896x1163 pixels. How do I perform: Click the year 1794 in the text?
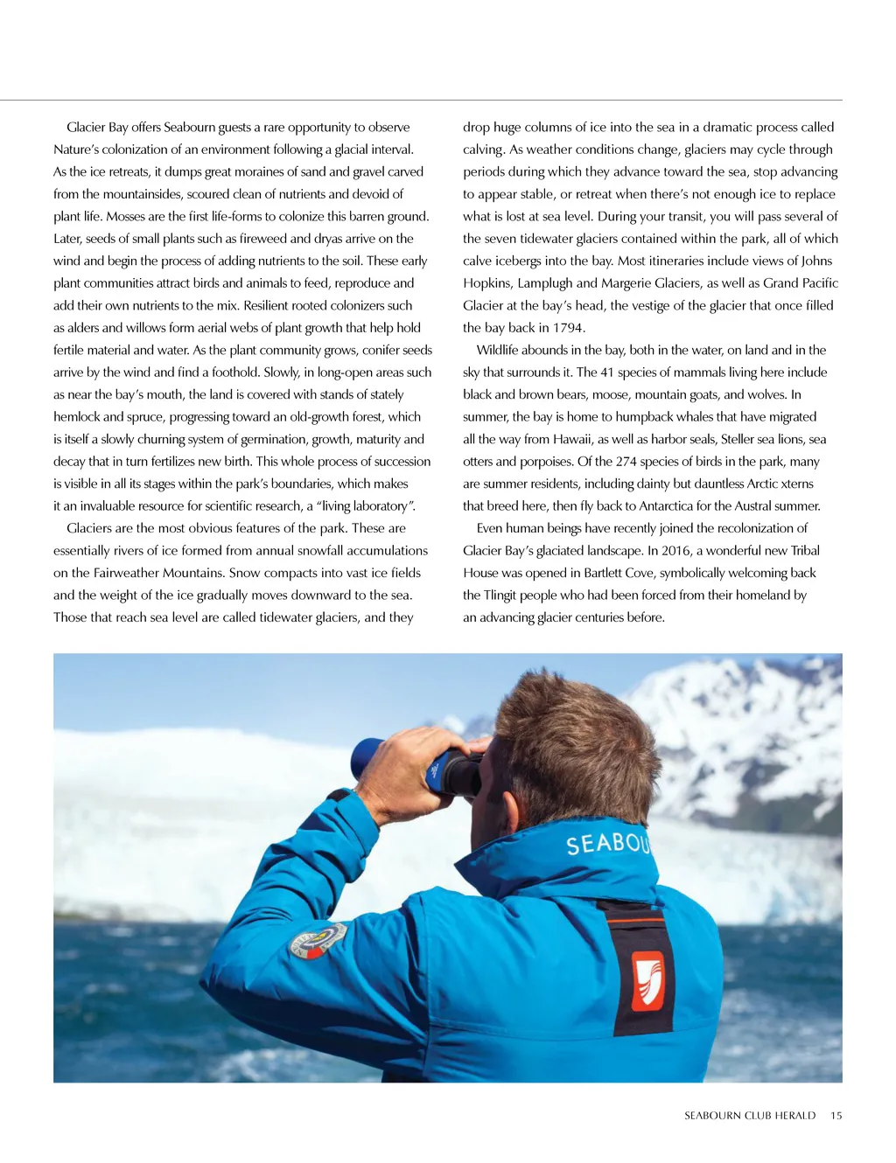[569, 328]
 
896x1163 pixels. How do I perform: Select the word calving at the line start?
[483, 150]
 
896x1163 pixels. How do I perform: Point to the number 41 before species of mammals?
[607, 373]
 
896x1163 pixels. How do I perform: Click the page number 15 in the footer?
[836, 1116]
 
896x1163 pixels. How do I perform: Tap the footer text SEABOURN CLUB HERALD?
[749, 1116]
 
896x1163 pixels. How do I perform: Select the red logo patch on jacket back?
[647, 980]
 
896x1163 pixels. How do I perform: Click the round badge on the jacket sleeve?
[318, 940]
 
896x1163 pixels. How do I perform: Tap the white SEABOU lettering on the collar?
[608, 843]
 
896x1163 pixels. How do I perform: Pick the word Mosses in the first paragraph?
[125, 217]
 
